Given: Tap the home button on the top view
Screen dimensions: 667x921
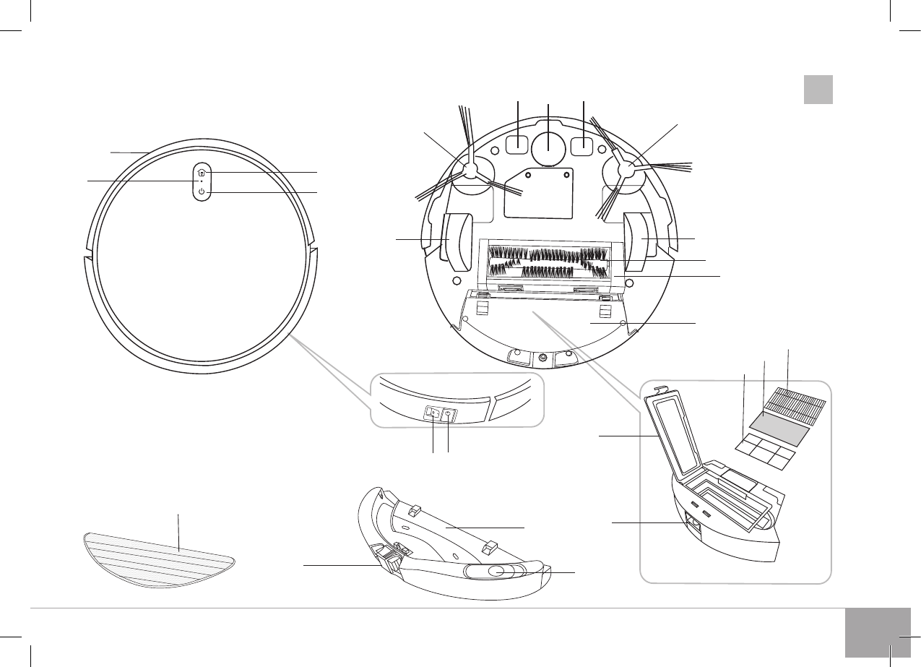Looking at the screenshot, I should click(x=202, y=173).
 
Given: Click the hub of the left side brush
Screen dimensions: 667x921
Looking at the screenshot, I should click(x=470, y=171).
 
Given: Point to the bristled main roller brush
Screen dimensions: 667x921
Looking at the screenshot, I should click(x=548, y=262).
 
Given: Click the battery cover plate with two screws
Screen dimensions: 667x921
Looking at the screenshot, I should click(x=538, y=192).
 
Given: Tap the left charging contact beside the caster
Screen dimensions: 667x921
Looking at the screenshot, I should click(x=516, y=145).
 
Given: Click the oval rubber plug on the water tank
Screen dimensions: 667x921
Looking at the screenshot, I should click(x=496, y=572).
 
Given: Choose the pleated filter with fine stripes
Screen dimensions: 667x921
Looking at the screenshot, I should click(x=798, y=400).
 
